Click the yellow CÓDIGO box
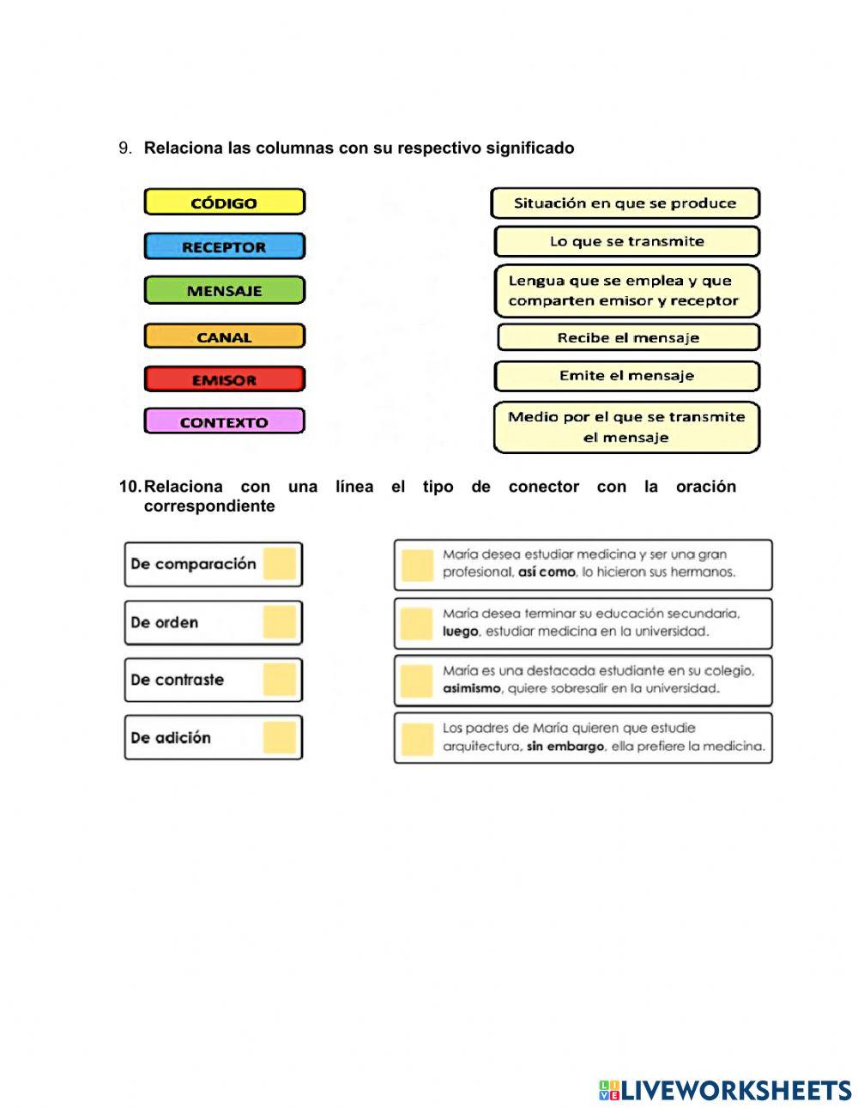coord(224,203)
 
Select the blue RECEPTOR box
coord(224,246)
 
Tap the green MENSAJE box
coord(224,290)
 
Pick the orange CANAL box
coord(224,336)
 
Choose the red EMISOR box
coord(224,379)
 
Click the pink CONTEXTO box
coord(224,421)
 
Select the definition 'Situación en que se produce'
coord(625,203)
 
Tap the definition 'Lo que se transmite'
coord(626,241)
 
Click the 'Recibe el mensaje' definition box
coord(628,337)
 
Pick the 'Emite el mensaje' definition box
coord(626,375)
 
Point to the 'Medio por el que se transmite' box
coord(626,427)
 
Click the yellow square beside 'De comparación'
coord(280,564)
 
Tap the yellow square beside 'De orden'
coord(280,622)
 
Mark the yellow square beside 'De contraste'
coord(280,680)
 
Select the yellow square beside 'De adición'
coord(280,737)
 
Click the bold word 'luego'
coord(460,632)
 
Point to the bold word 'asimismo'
coord(472,688)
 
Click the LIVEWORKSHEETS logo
coord(725,1090)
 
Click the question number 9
coord(125,148)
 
